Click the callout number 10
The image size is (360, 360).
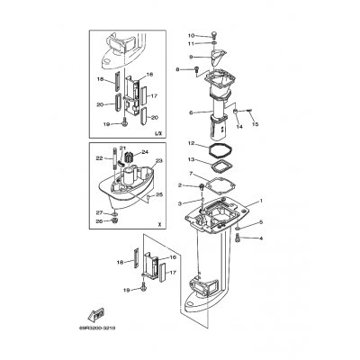[190, 35]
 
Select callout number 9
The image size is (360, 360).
[190, 57]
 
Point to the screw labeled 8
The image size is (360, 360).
[198, 69]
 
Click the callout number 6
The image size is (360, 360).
[190, 112]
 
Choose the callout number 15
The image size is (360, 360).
[256, 123]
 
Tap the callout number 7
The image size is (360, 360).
[190, 174]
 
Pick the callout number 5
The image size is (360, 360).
[262, 222]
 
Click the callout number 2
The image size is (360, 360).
[181, 184]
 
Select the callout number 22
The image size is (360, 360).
[99, 158]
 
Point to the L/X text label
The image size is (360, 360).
[157, 132]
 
